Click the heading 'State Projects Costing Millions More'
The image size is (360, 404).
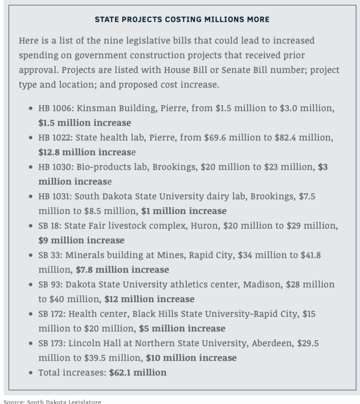point(182,19)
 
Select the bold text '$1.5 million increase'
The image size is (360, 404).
point(84,123)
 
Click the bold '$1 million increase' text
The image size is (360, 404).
point(184,211)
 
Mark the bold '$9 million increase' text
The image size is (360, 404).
point(82,240)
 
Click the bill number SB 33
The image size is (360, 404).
point(50,255)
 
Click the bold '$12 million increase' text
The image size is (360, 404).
point(150,299)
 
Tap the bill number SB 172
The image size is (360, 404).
point(52,314)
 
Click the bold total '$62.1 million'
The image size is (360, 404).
point(138,373)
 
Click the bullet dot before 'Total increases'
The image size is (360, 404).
point(30,373)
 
